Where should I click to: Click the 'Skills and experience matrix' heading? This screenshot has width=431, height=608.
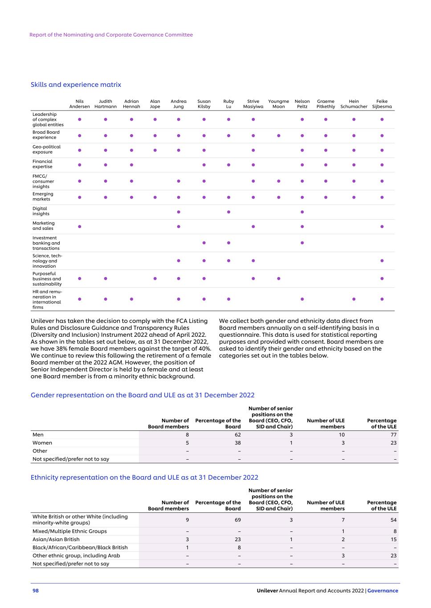(x=76, y=85)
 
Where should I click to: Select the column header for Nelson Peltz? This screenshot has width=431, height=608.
(x=302, y=104)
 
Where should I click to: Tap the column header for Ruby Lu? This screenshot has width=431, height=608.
(x=228, y=104)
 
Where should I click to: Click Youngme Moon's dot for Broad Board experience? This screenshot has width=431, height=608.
(x=279, y=135)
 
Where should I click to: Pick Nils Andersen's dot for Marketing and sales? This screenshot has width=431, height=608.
(x=80, y=226)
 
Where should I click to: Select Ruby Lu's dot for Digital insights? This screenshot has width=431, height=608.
(x=228, y=212)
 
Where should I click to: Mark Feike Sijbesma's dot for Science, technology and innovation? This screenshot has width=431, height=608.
(x=382, y=261)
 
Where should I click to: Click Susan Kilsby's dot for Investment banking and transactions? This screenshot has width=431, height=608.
(x=204, y=243)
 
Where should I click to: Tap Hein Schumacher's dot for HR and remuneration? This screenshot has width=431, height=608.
(x=354, y=299)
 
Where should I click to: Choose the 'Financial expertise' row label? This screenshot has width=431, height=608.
(x=42, y=164)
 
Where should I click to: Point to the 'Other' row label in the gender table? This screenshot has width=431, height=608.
(x=40, y=451)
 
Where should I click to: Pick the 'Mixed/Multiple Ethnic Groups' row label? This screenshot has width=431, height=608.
(x=69, y=531)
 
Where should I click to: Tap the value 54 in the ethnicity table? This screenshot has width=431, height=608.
(x=394, y=520)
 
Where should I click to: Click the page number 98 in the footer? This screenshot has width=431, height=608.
(x=36, y=591)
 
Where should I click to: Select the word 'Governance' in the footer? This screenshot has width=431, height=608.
(x=383, y=591)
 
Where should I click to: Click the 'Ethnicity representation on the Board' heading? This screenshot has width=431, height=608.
(x=144, y=477)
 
